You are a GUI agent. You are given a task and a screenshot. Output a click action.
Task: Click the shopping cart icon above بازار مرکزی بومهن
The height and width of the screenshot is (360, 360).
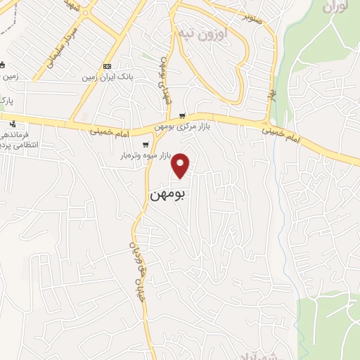pos(183,117)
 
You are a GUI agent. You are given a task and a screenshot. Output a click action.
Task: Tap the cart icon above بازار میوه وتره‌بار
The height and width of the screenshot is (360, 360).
pos(146,145)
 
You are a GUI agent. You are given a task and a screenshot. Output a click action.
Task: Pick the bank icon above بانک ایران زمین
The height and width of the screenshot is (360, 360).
pos(107,66)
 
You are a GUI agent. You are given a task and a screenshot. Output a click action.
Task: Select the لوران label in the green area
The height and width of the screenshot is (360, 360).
pos(336,8)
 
